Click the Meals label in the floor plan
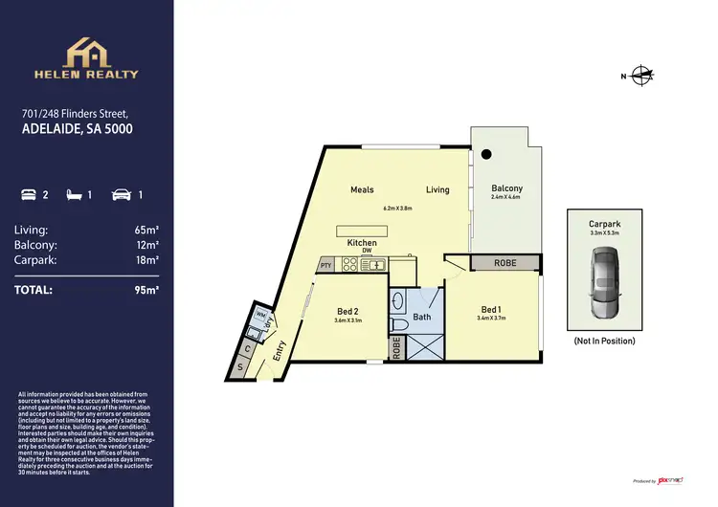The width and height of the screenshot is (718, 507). point(362,189)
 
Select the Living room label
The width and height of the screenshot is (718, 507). point(438,189)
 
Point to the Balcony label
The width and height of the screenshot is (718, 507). point(506,188)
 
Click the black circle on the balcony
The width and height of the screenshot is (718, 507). point(486,153)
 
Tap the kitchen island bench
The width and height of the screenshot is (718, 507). point(364,231)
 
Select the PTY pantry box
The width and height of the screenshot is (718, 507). point(325,265)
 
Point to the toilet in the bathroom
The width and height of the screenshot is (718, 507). point(402,325)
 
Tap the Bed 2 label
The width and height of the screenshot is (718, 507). point(348,311)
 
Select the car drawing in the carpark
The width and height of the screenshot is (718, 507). point(606,283)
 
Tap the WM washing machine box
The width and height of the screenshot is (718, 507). point(259,314)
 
